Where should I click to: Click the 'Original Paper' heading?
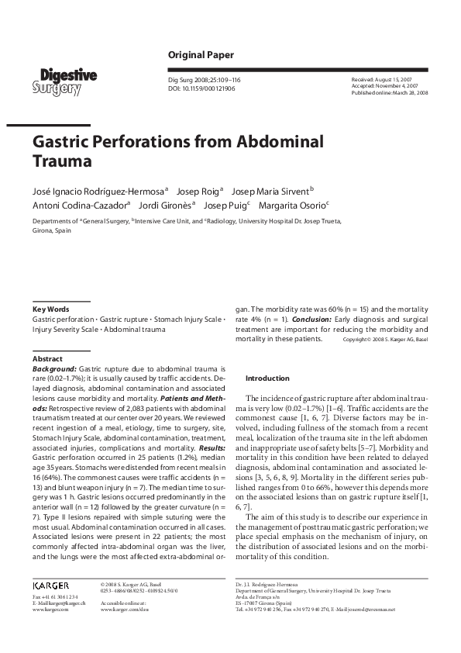pyautogui.click(x=201, y=55)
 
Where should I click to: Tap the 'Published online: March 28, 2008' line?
pyautogui.click(x=390, y=92)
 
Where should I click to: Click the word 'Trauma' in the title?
pyautogui.click(x=62, y=163)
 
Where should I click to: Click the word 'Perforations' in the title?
pyautogui.click(x=159, y=143)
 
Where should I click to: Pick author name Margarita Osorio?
pyautogui.click(x=295, y=206)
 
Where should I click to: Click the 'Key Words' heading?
pyautogui.click(x=50, y=309)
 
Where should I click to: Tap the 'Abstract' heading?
pyautogui.click(x=47, y=359)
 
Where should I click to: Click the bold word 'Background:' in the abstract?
pyautogui.click(x=54, y=370)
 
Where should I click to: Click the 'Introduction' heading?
pyautogui.click(x=267, y=378)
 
